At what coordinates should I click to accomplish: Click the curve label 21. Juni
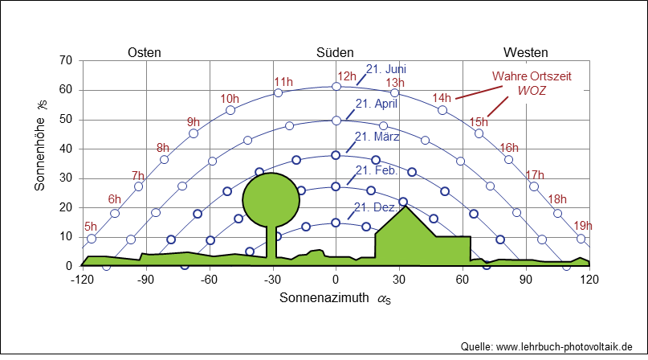387,68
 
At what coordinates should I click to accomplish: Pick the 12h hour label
346,77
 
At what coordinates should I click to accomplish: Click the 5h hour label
91,227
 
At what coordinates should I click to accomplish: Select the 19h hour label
583,226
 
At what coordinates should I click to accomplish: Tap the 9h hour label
194,121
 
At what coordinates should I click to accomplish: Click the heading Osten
145,52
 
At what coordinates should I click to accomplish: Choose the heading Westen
526,52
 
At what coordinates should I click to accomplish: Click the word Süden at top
335,52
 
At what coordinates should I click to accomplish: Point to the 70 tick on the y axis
65,61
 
